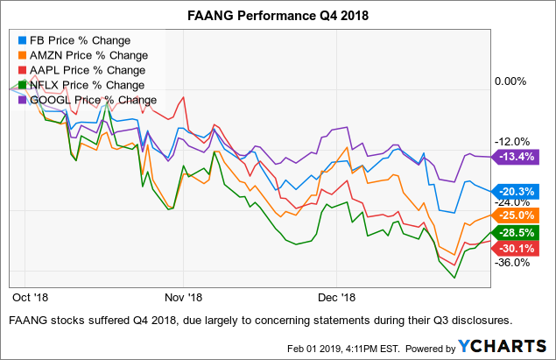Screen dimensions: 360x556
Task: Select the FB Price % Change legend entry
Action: pos(80,40)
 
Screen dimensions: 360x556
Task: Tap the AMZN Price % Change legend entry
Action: pos(87,55)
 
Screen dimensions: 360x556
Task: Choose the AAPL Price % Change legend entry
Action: pos(86,70)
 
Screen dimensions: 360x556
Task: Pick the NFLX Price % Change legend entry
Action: pos(86,85)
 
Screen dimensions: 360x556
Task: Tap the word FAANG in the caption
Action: pos(28,320)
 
